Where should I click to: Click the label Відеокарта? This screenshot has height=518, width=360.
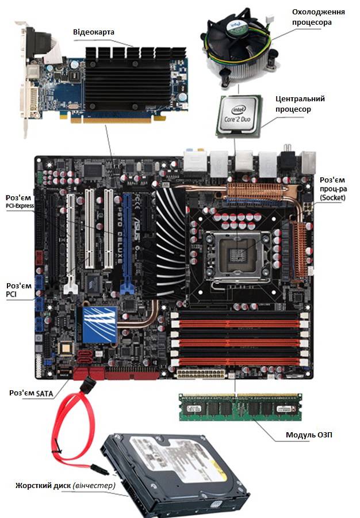point(94,32)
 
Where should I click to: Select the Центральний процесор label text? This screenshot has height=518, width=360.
point(300,104)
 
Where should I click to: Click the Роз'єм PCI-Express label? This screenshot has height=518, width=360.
point(18,202)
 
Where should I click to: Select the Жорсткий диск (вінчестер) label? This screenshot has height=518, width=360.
point(65,485)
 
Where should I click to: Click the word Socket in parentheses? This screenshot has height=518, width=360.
point(332,197)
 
